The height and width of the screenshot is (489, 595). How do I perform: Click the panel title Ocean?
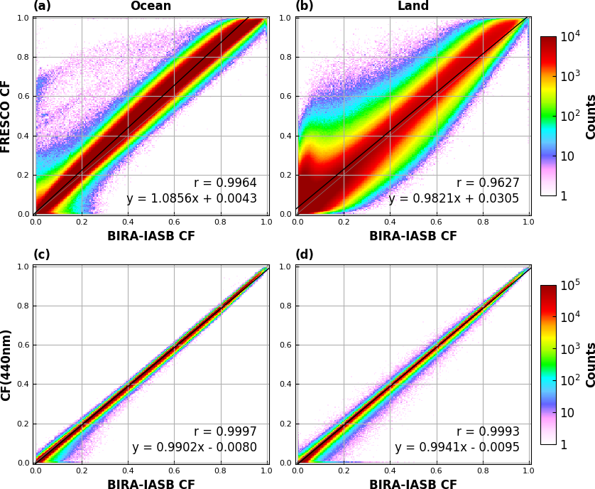coord(151,6)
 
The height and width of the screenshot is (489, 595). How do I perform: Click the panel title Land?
coord(413,6)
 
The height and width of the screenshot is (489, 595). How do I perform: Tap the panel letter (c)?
coord(42,254)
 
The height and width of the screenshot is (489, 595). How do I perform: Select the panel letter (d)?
coord(305,254)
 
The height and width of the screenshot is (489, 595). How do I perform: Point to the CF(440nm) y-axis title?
coord(5,365)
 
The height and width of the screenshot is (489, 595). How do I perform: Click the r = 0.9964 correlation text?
coord(225,183)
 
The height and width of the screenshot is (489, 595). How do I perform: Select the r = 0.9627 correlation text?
coord(488,183)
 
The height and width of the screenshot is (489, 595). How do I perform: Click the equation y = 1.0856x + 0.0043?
coord(192,198)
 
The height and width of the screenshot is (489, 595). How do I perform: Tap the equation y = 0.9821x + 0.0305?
coord(454,198)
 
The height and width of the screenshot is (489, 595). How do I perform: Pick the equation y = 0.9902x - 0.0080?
coord(195,447)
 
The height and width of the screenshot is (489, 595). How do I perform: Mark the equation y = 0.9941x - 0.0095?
coord(457,447)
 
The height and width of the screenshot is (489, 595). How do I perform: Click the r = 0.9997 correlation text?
coord(225,431)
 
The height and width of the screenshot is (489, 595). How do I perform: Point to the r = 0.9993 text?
coord(488,431)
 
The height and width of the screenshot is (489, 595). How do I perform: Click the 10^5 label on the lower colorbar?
coord(571,285)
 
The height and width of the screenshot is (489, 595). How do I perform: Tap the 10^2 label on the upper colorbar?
coord(571,116)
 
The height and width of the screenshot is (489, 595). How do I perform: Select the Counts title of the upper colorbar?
coord(590,117)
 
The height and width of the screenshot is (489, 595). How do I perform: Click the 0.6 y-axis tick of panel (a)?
coord(23,96)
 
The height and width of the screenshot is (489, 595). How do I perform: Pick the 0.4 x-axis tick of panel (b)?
coord(390,222)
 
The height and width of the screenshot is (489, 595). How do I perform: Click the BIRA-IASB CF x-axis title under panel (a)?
coord(151,235)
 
